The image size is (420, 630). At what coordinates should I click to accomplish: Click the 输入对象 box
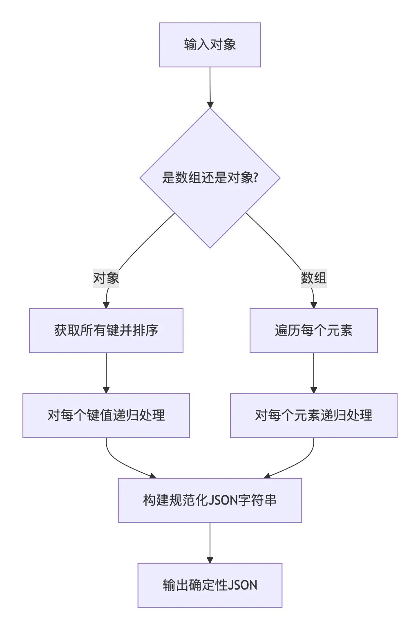(210, 45)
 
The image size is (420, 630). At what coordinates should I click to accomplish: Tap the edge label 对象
(106, 278)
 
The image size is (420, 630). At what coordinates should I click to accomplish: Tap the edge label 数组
(313, 278)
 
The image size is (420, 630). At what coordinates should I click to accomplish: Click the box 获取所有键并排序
(106, 330)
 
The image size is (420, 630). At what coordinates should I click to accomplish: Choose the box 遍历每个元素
(313, 330)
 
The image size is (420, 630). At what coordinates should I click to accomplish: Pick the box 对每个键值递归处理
(106, 415)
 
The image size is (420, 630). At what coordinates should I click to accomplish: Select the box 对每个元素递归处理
(313, 415)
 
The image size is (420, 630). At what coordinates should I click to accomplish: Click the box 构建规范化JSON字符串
(210, 500)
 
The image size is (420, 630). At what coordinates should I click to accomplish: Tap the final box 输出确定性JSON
(210, 585)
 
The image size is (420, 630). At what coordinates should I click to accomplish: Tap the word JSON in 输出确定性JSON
(242, 585)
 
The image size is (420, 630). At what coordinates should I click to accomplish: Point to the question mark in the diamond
(256, 178)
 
